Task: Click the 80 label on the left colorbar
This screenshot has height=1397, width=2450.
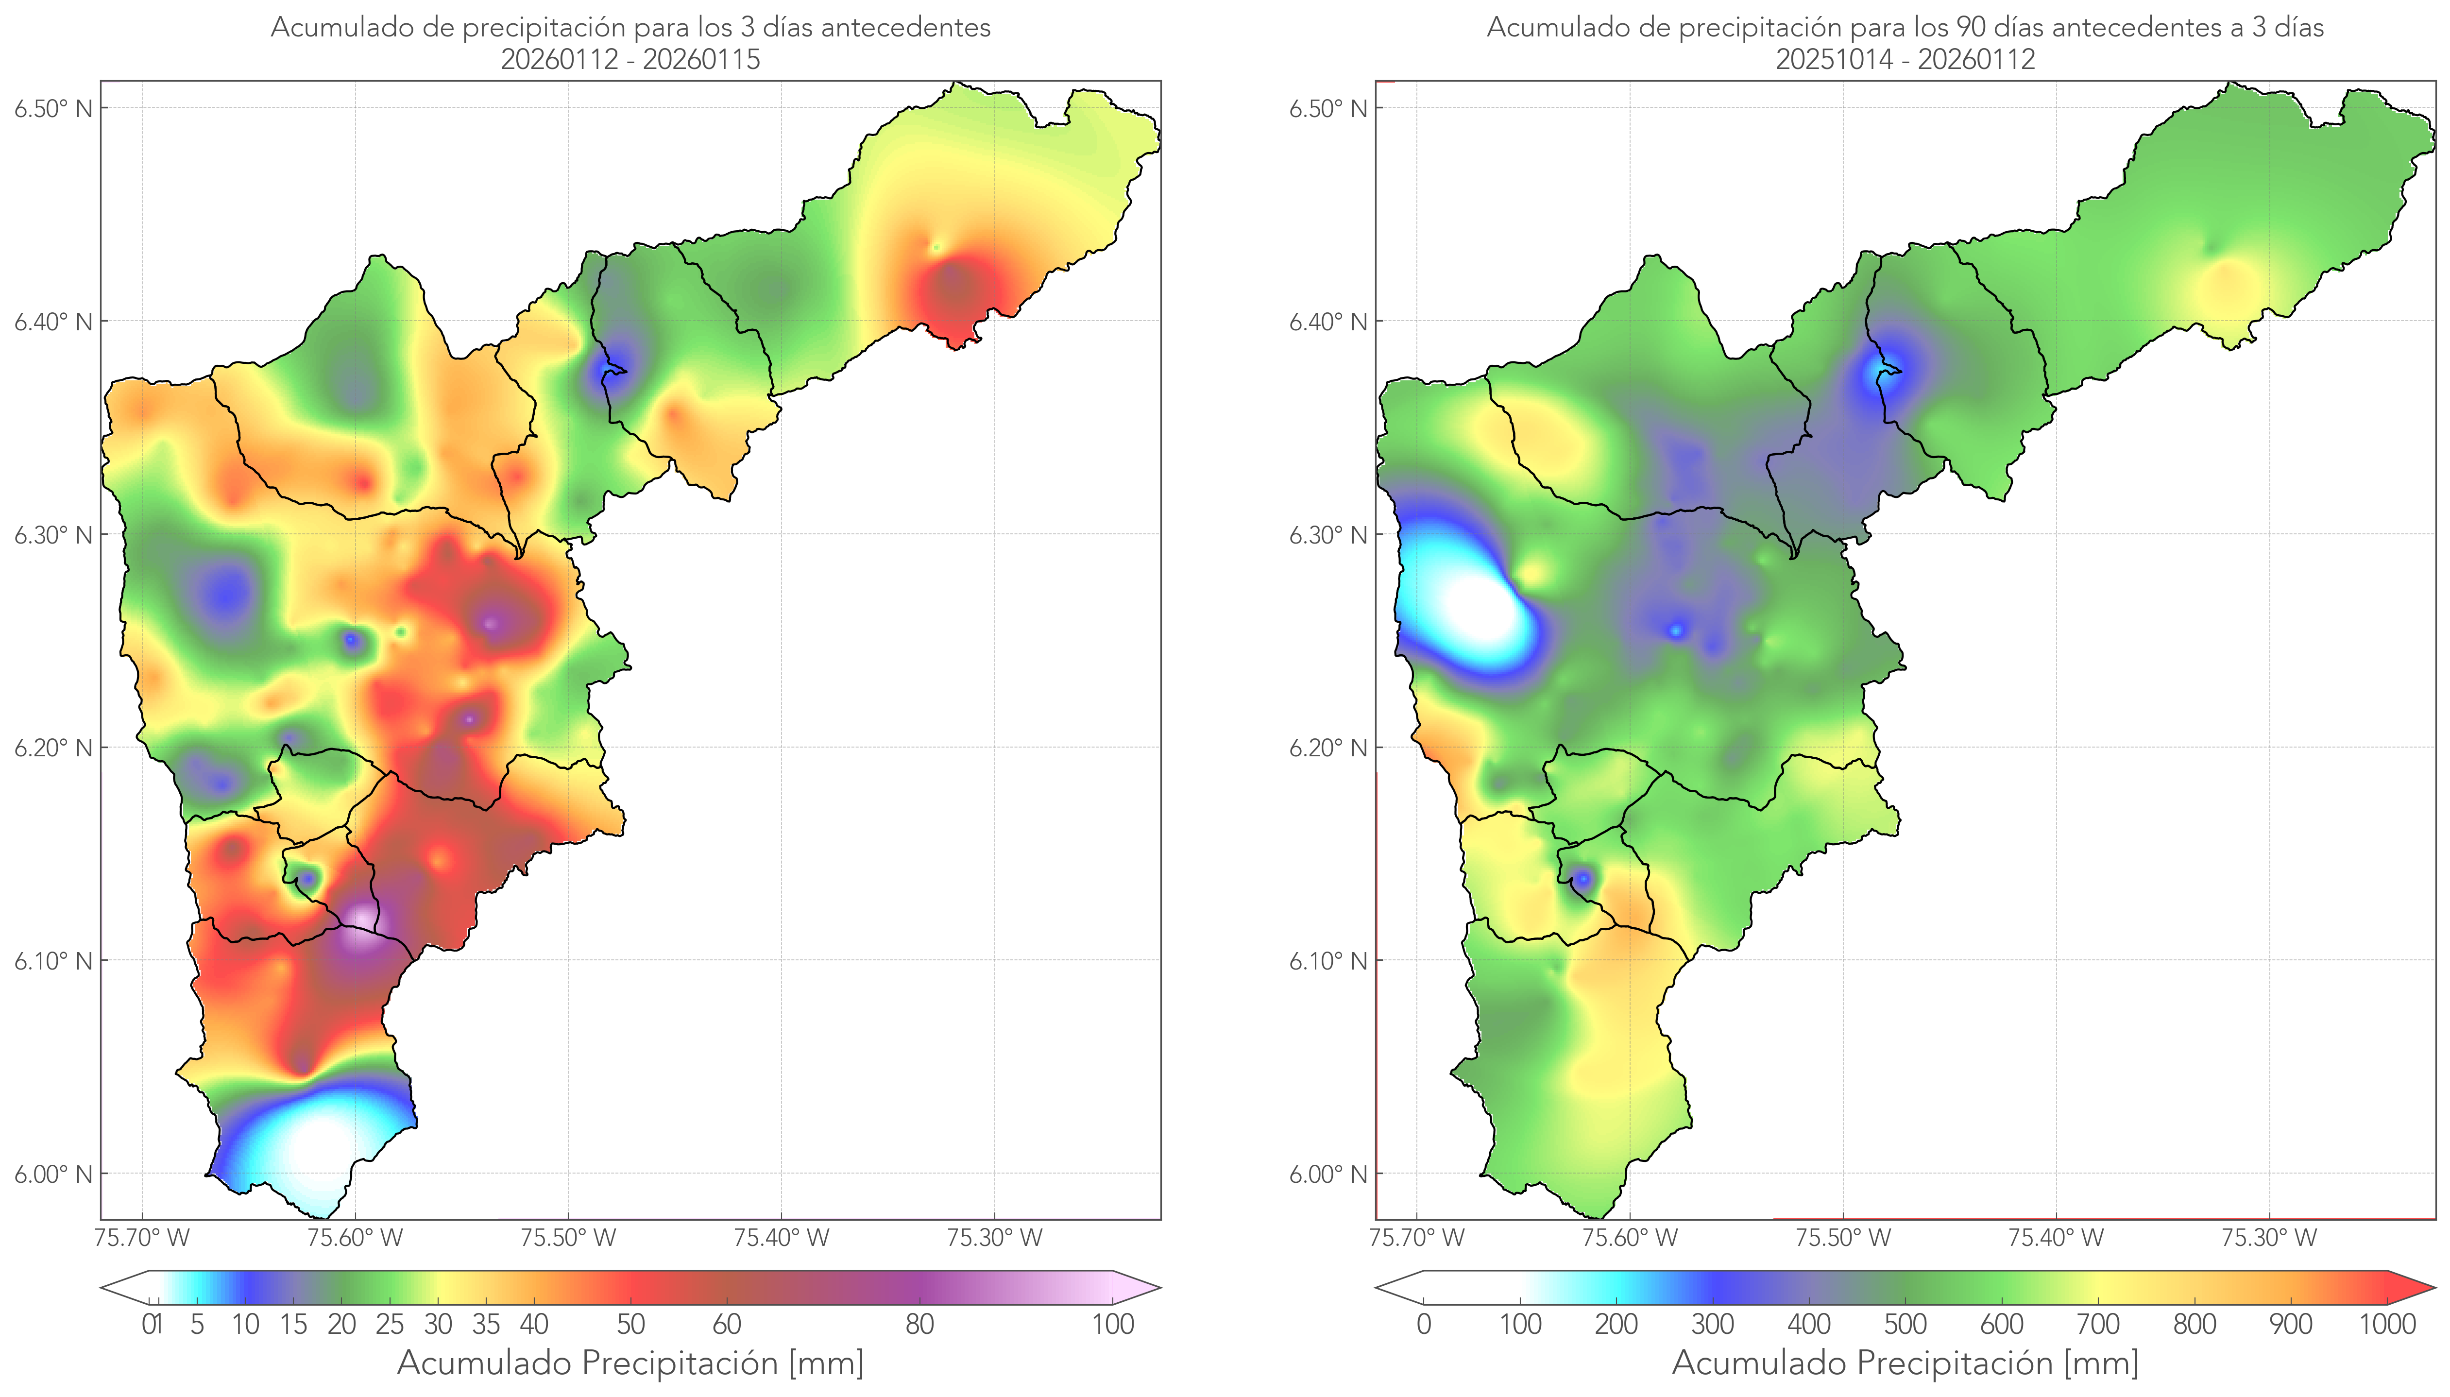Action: pos(919,1324)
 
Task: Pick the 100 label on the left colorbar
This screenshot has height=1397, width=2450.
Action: pos(1113,1324)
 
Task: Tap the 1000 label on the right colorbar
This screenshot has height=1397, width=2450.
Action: pos(2387,1324)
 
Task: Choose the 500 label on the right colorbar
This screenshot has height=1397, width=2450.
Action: pos(1905,1324)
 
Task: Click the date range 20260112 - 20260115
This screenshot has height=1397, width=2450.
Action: pos(630,59)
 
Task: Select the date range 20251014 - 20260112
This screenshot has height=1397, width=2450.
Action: pos(1905,59)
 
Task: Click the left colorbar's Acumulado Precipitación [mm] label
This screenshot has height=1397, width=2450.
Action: pos(630,1363)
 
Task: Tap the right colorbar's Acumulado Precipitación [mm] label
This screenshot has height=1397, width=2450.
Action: pos(1905,1363)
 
